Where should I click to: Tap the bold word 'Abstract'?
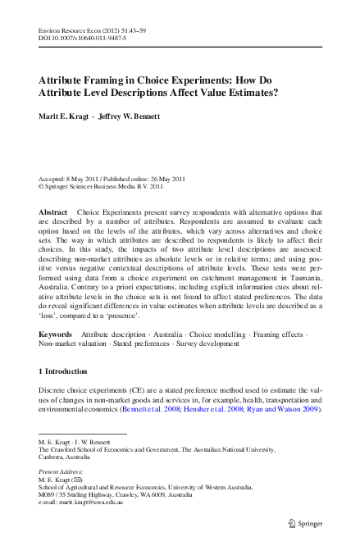click(x=53, y=212)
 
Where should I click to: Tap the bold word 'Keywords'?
click(x=56, y=358)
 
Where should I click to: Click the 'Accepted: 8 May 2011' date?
click(x=73, y=178)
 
